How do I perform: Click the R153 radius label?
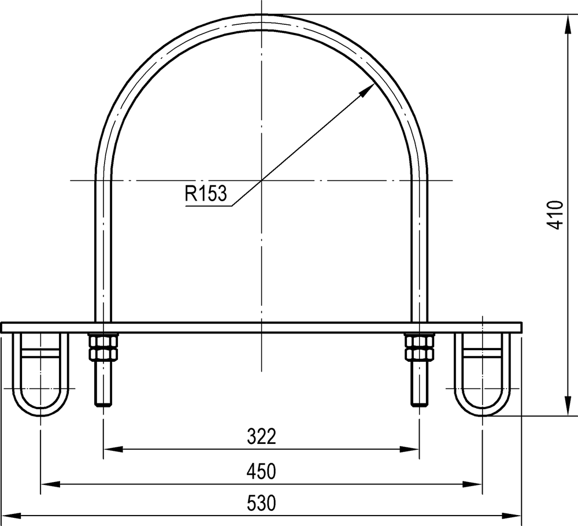(205, 194)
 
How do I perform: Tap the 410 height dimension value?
(555, 215)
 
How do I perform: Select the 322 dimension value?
(261, 436)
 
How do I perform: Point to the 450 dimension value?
(261, 472)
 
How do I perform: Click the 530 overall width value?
(261, 503)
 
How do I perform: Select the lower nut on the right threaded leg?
(420, 354)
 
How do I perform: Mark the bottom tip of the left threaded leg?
(103, 405)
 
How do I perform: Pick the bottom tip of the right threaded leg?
(420, 405)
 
